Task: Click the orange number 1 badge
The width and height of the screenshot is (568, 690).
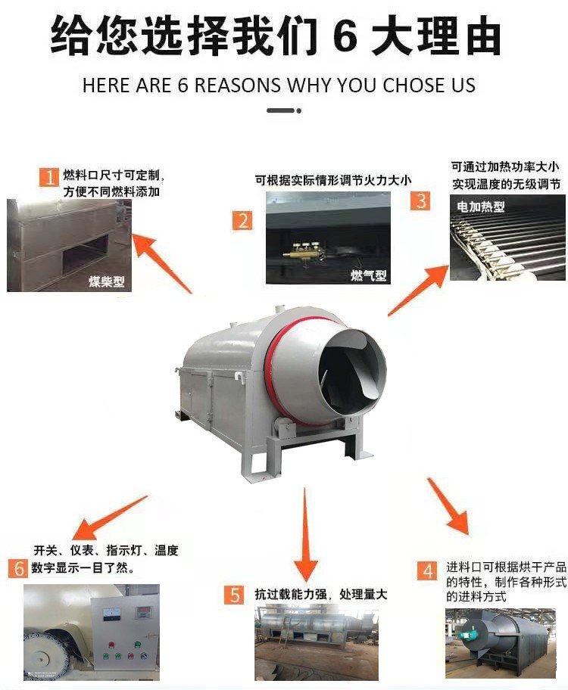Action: [x=49, y=177]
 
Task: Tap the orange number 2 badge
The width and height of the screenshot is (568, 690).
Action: [x=242, y=220]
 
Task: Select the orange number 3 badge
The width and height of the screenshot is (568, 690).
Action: [x=420, y=201]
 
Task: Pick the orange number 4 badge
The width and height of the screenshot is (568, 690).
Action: [x=427, y=570]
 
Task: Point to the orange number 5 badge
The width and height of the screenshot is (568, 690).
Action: [x=234, y=595]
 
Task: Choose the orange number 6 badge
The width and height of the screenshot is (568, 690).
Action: [x=18, y=568]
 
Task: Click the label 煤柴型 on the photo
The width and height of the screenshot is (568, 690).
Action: [x=107, y=281]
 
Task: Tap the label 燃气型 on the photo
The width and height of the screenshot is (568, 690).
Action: [x=368, y=275]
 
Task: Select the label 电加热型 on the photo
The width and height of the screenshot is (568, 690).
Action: [x=480, y=206]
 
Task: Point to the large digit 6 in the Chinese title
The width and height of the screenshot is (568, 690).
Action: [x=345, y=36]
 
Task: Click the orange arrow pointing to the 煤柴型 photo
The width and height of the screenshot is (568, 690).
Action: [x=162, y=263]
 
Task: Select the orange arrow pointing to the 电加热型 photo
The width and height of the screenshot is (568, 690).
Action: [x=418, y=291]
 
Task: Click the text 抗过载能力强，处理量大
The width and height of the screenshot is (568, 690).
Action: [x=321, y=595]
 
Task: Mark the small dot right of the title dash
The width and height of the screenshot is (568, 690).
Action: [x=298, y=111]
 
